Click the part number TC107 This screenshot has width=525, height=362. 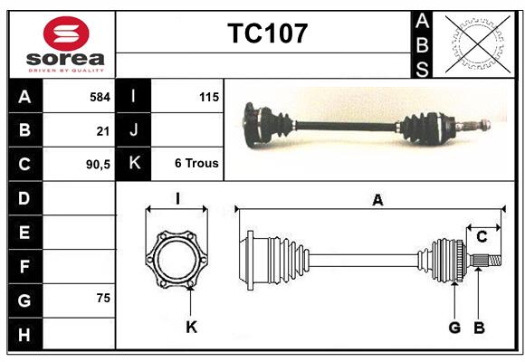[x=267, y=33]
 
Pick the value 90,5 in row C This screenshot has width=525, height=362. [x=98, y=165]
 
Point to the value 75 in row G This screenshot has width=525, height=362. [x=103, y=298]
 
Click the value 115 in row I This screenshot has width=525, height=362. [x=207, y=96]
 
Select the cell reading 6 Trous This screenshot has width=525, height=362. [x=196, y=164]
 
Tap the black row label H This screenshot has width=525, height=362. [x=24, y=334]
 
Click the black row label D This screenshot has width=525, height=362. [x=24, y=198]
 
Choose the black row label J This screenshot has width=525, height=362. [x=134, y=130]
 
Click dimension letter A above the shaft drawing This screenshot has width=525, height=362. [x=377, y=200]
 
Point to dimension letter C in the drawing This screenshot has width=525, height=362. [x=482, y=236]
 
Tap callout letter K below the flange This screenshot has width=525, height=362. [x=191, y=327]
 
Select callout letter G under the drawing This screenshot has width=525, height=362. [x=454, y=327]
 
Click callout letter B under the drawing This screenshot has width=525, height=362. [x=480, y=327]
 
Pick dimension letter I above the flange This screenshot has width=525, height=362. [x=178, y=197]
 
